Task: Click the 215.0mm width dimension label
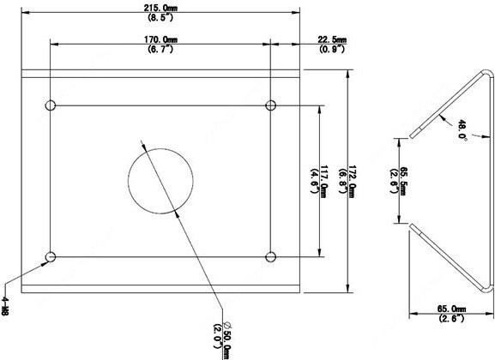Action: (160, 9)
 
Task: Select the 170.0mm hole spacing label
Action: (160, 39)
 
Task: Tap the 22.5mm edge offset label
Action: (331, 39)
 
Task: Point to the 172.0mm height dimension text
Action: (352, 182)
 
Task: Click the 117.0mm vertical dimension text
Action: (324, 182)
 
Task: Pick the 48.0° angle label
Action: (462, 129)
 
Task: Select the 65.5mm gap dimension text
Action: (402, 181)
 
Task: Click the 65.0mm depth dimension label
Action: (451, 309)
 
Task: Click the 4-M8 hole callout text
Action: (5, 305)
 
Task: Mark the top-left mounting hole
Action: (51, 105)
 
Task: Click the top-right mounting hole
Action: (270, 105)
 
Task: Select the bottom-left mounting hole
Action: (51, 257)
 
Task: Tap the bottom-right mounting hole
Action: (270, 257)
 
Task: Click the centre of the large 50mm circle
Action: (160, 181)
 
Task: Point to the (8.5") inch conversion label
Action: (160, 17)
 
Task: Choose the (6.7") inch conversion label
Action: (160, 49)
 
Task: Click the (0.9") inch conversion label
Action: (331, 49)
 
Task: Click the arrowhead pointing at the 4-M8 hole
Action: (45, 264)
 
